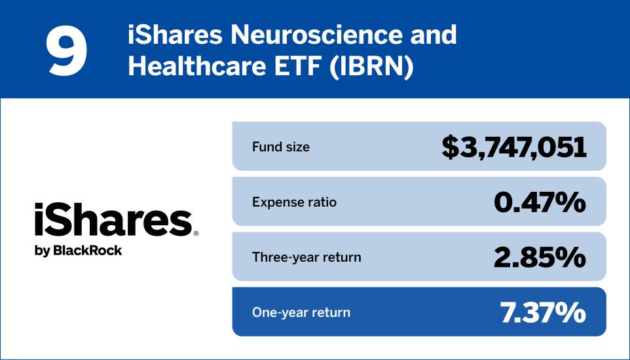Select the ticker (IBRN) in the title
coord(373,67)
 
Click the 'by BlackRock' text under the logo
coord(78,250)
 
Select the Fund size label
coord(280,147)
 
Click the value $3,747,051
coord(513,147)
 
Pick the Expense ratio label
coord(294,202)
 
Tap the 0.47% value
coord(539,202)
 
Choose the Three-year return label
coord(306,257)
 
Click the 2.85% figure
coord(539,257)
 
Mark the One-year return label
coord(301,312)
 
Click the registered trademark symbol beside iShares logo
coord(196,232)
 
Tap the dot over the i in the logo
coord(40,206)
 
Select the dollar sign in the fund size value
coord(451,147)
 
